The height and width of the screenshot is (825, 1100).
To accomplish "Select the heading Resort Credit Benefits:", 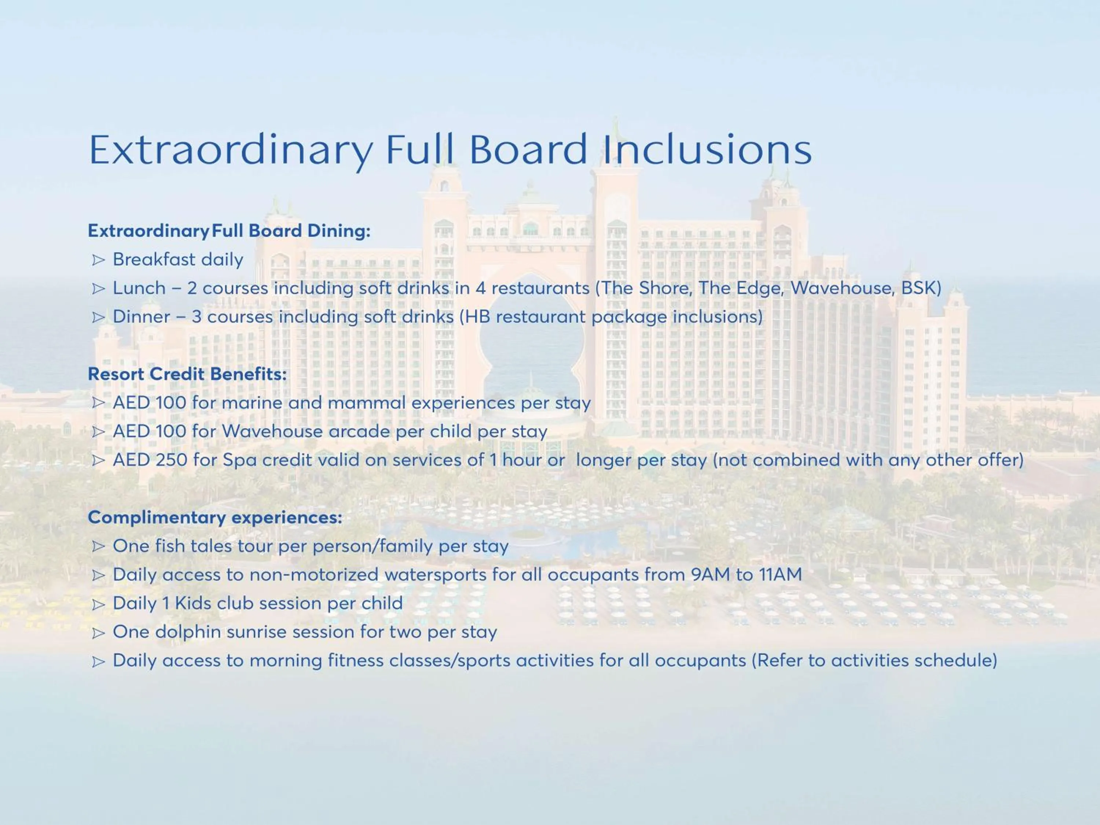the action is point(187,374).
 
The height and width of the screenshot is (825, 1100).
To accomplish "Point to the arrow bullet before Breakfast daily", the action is point(99,260).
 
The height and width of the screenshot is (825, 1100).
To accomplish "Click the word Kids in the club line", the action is point(193,603).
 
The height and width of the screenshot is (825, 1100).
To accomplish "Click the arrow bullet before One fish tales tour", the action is point(99,547).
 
